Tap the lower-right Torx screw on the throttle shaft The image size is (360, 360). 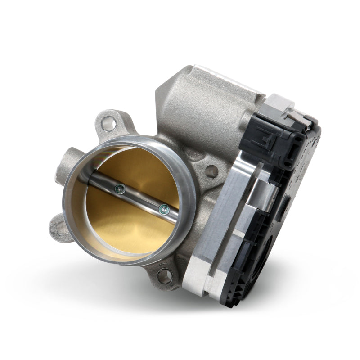click(164, 208)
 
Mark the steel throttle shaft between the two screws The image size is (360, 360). click(141, 198)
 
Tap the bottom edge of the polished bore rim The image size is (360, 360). click(130, 261)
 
